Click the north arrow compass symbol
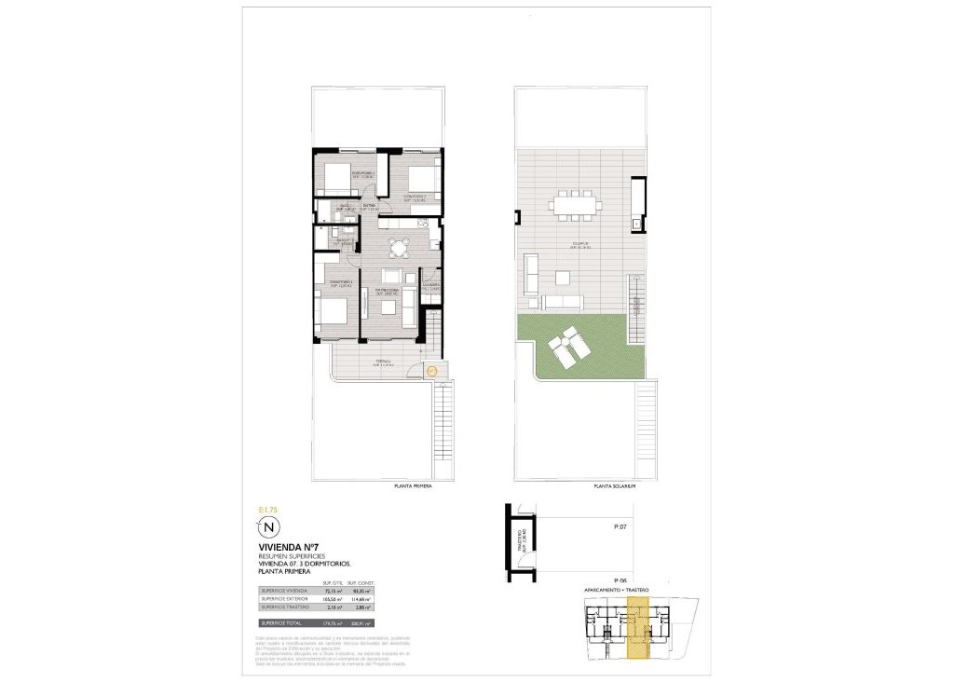pyautogui.click(x=268, y=527)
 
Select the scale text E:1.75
pyautogui.click(x=267, y=510)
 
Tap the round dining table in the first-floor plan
pyautogui.click(x=400, y=248)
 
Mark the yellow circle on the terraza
pyautogui.click(x=430, y=372)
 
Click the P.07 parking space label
pyautogui.click(x=621, y=527)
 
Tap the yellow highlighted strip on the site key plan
pyautogui.click(x=637, y=629)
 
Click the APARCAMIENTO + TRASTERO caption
pyautogui.click(x=616, y=590)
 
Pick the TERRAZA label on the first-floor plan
pyautogui.click(x=383, y=361)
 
